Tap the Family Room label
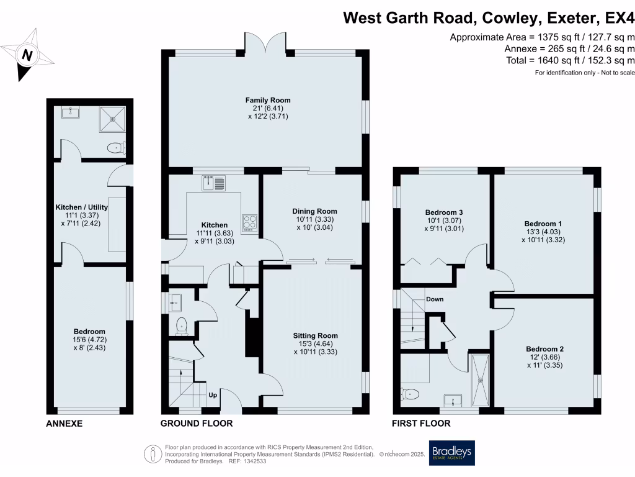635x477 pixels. (x=268, y=100)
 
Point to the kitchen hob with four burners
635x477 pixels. (x=249, y=222)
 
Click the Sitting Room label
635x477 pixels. (x=316, y=335)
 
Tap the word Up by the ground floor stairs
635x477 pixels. (x=212, y=394)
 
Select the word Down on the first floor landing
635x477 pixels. (x=435, y=299)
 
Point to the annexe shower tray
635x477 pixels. (x=112, y=117)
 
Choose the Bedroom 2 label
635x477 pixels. (x=545, y=348)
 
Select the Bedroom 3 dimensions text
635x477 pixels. (x=445, y=224)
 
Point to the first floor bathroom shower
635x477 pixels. (x=480, y=379)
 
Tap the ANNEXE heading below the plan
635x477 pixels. (x=64, y=424)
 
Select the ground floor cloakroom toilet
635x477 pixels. (x=182, y=325)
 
